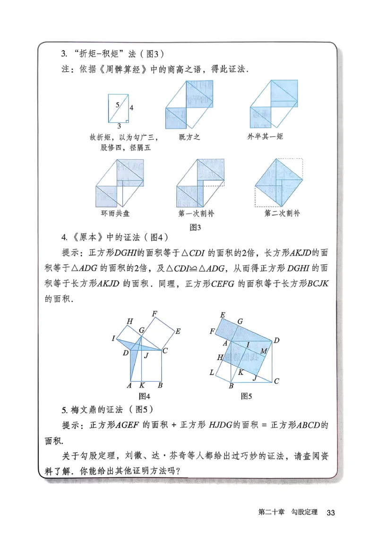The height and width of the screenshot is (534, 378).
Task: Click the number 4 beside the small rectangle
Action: coord(131,108)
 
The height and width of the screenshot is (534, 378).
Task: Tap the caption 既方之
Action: coord(190,138)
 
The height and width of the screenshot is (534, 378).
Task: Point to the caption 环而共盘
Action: coord(115,214)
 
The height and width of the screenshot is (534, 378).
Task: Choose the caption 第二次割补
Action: coord(282,214)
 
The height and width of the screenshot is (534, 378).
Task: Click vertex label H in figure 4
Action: coord(129,322)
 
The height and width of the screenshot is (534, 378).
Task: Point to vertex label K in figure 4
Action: coord(142,386)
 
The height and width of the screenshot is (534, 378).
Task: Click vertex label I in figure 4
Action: coord(113,338)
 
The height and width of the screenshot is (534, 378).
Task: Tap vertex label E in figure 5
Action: coord(222,315)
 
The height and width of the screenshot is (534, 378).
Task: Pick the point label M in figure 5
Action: coord(264,351)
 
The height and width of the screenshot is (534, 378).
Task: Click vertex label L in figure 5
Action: coord(212,373)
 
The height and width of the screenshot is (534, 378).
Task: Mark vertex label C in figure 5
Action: coord(276,381)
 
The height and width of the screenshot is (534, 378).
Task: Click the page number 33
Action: coord(331,513)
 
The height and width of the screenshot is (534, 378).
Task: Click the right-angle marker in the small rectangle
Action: coord(127,121)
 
